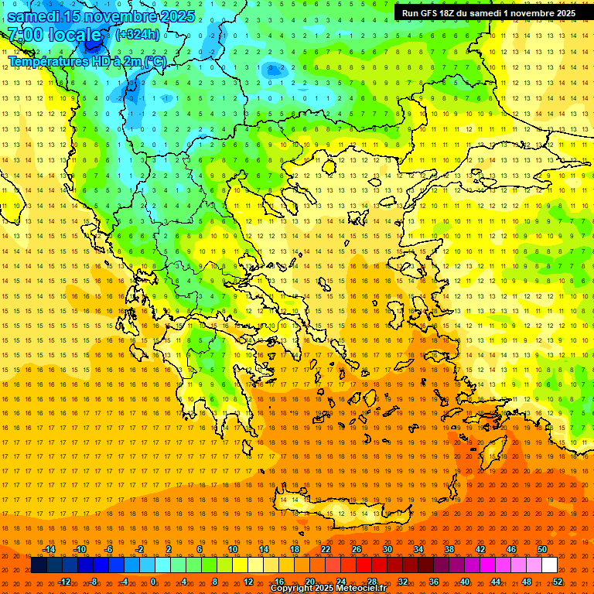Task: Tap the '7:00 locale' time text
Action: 54,35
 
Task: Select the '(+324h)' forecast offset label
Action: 138,34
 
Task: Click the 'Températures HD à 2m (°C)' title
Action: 87,61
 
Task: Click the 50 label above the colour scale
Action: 542,549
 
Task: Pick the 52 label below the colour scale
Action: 558,582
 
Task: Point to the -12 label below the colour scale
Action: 64,582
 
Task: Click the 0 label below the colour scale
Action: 153,582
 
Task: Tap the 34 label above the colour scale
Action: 418,549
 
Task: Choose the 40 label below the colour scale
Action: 465,582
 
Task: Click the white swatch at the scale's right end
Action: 549,565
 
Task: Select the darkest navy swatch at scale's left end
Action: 39,565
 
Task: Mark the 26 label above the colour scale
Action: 357,549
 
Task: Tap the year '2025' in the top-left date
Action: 173,15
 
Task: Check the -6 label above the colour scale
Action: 109,549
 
